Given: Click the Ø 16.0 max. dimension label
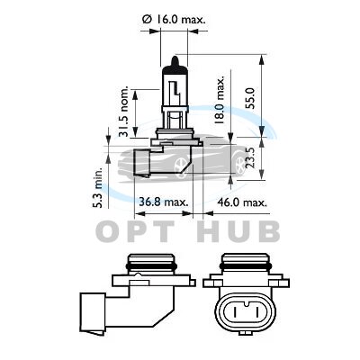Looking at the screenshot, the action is pyautogui.click(x=174, y=20).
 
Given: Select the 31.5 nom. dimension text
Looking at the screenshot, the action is pyautogui.click(x=123, y=112).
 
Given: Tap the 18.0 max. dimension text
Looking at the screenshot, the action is pyautogui.click(x=220, y=100).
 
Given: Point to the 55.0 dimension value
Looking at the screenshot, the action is pyautogui.click(x=250, y=98).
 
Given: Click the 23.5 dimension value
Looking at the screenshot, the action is pyautogui.click(x=250, y=157).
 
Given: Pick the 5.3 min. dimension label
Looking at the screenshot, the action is pyautogui.click(x=97, y=187).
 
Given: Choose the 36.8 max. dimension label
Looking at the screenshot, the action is pyautogui.click(x=164, y=202).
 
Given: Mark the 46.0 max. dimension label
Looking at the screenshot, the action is pyautogui.click(x=242, y=202).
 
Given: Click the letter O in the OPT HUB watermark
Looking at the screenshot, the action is pyautogui.click(x=107, y=231).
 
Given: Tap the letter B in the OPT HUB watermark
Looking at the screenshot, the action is pyautogui.click(x=268, y=231).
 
